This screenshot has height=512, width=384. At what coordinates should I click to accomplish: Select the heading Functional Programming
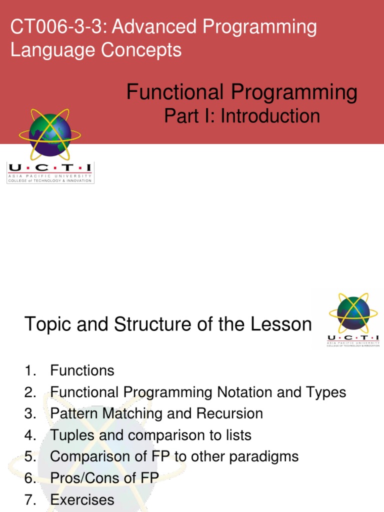242,92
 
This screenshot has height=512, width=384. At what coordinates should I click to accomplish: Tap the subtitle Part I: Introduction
242,116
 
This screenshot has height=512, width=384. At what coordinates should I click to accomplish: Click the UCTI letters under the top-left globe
49,169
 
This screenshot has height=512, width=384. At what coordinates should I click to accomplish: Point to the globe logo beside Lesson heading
353,312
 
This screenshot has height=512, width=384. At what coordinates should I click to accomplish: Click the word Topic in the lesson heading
45,325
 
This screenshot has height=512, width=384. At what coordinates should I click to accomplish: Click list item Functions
82,371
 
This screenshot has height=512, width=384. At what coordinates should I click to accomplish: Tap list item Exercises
82,499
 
